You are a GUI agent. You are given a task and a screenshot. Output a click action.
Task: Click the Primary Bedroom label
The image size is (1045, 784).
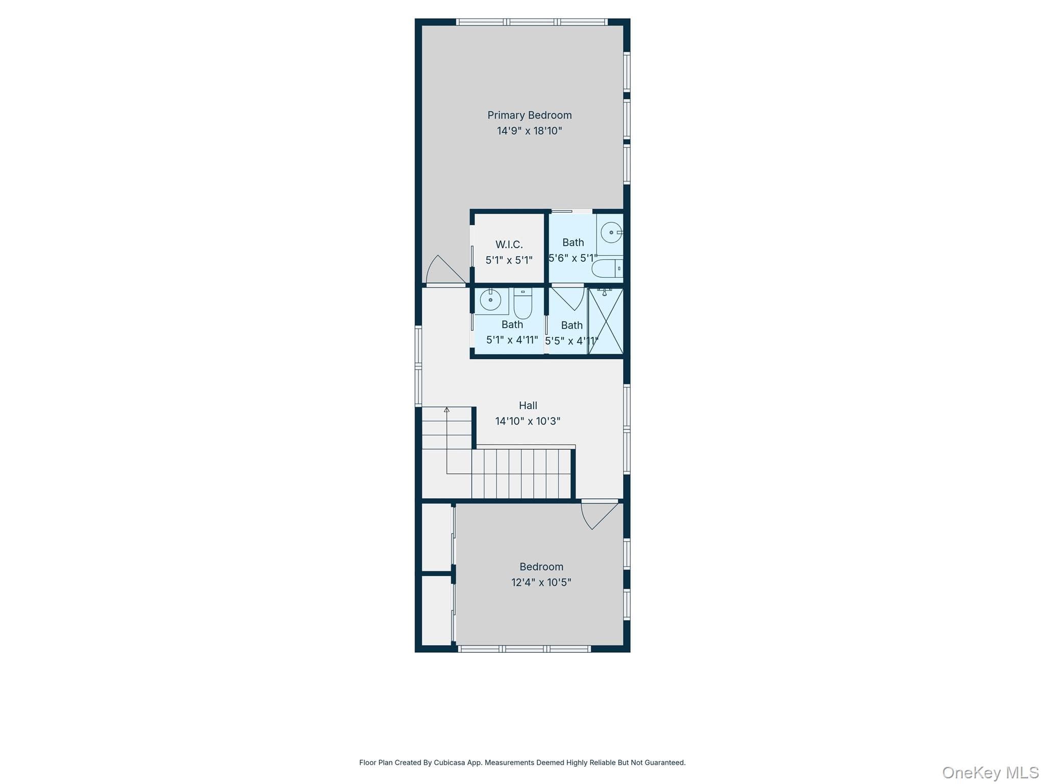click(x=529, y=115)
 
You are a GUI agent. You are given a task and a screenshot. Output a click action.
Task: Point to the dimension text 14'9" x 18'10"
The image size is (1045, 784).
click(x=529, y=131)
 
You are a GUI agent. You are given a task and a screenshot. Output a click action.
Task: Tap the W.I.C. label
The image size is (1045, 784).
click(x=509, y=244)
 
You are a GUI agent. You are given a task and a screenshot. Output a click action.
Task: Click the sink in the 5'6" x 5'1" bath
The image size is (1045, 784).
click(x=611, y=233)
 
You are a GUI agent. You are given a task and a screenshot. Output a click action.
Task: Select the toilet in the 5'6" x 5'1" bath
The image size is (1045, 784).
click(x=607, y=268)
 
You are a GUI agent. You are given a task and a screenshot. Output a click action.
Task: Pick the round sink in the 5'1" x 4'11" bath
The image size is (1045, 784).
click(x=490, y=300)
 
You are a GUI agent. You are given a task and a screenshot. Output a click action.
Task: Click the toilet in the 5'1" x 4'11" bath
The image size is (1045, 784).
click(x=522, y=303)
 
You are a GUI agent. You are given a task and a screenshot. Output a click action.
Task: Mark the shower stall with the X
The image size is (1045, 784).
click(x=606, y=321)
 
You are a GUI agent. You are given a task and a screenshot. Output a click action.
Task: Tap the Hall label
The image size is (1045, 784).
click(x=528, y=405)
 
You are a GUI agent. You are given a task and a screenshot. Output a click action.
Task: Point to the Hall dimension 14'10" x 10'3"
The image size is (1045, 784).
click(x=528, y=421)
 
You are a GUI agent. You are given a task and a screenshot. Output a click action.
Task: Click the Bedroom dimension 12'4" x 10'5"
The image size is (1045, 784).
click(x=541, y=582)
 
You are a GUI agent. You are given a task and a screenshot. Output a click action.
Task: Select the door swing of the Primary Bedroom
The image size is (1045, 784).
click(x=445, y=269)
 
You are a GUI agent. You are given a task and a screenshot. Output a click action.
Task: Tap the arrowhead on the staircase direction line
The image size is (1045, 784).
click(x=446, y=409)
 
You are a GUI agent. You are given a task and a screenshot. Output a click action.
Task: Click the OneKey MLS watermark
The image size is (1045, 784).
click(x=990, y=772)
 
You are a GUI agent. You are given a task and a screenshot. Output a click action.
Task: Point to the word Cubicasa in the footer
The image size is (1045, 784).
click(x=449, y=763)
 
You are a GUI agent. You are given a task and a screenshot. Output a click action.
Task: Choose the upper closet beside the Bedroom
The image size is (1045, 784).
click(x=437, y=537)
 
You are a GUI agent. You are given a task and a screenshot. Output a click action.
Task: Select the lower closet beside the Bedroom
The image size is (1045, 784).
click(x=437, y=610)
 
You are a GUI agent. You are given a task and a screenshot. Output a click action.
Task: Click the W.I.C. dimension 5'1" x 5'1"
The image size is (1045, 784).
click(x=509, y=260)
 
